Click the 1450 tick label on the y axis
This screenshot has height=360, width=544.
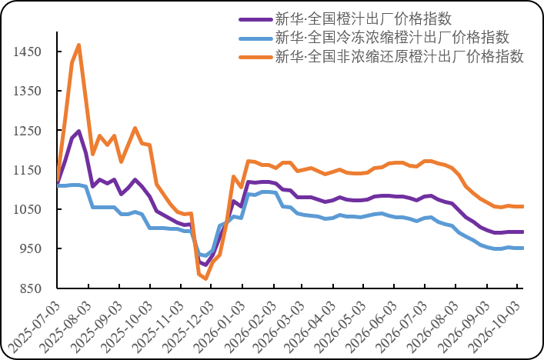[28, 52]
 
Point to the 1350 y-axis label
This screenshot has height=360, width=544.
[28, 91]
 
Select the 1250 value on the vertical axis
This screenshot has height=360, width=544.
[28, 131]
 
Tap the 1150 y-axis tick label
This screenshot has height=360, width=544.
[28, 170]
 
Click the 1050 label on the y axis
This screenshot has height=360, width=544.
[28, 209]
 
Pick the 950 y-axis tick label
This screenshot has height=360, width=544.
[31, 248]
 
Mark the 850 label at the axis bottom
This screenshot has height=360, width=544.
[31, 288]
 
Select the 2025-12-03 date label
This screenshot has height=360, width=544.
[188, 327]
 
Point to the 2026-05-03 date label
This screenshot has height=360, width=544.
[340, 327]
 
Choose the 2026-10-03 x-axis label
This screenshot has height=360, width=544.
[494, 327]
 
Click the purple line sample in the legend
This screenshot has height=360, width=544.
[255, 19]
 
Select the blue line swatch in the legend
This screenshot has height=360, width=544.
[255, 38]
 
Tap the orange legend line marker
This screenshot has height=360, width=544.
[255, 57]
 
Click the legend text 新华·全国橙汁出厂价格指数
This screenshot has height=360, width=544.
[364, 18]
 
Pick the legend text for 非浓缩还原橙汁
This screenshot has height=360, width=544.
[399, 56]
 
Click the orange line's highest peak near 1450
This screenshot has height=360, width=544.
[79, 45]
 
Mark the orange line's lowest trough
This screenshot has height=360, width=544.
[205, 278]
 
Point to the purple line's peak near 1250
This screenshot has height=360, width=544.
[79, 131]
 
